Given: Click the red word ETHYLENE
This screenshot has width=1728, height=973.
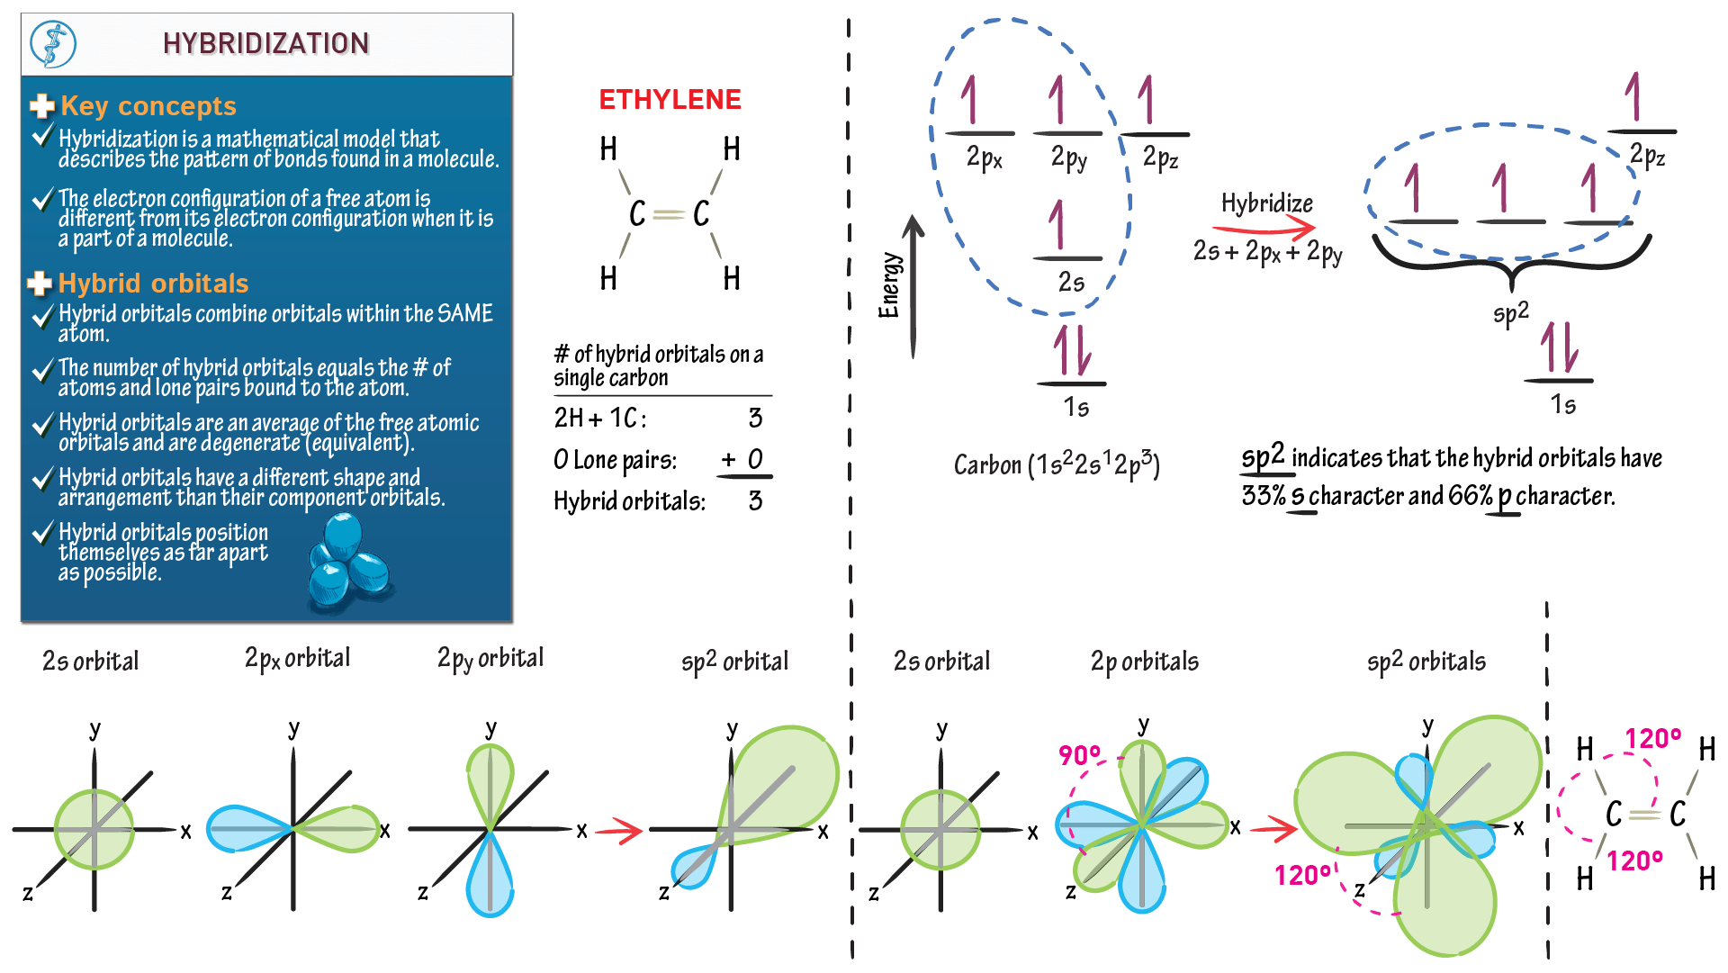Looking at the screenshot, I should click(x=670, y=99).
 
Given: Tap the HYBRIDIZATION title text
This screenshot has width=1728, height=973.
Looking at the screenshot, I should click(x=265, y=43).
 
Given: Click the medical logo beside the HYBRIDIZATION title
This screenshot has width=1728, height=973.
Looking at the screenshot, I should click(x=53, y=44).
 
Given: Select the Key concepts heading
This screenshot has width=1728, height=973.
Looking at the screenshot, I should click(x=148, y=106).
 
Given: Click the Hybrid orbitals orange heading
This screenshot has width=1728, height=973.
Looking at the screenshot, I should click(x=153, y=284).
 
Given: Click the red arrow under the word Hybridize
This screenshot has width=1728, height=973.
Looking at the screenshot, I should click(x=1264, y=229).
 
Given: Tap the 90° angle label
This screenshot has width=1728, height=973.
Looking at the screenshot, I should click(x=1079, y=754).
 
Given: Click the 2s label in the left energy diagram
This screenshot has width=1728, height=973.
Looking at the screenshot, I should click(x=1071, y=283).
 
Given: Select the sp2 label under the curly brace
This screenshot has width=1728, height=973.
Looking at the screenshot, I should click(x=1510, y=313).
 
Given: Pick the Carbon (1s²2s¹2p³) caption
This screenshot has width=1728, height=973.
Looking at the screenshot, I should click(x=1057, y=464).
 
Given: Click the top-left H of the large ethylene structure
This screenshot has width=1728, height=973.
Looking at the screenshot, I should click(x=608, y=149).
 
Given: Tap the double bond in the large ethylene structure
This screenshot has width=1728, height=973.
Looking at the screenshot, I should click(x=669, y=214).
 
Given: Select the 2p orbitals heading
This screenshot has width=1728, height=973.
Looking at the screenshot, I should click(x=1144, y=662).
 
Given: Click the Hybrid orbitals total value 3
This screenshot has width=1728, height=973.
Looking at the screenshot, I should click(x=755, y=500).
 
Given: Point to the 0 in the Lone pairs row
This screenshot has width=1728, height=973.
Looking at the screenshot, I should click(x=754, y=460).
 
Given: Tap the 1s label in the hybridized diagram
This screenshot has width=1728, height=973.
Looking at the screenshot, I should click(x=1562, y=405).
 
